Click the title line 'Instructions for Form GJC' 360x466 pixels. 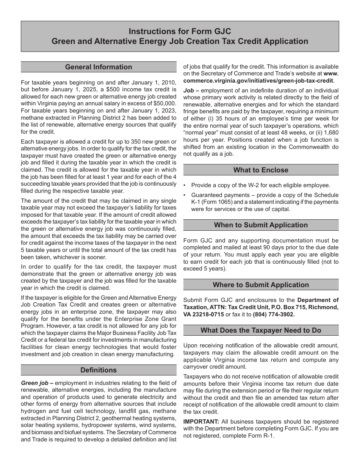(180, 31)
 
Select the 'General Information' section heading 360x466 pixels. (99, 67)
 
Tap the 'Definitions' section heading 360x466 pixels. (99, 370)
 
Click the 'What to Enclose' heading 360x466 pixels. (261, 170)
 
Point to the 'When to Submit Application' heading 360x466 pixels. (261, 225)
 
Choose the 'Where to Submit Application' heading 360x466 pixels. (261, 285)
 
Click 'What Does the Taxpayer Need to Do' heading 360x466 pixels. (261, 330)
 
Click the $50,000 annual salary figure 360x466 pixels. (164, 103)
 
